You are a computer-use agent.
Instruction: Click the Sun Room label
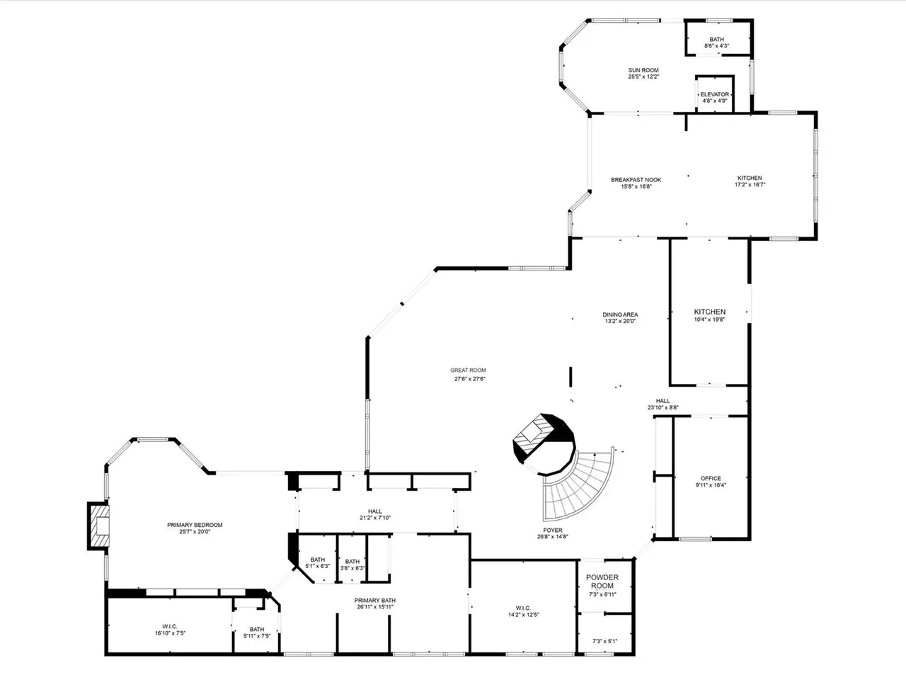643,70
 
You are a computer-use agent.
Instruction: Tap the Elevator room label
714,94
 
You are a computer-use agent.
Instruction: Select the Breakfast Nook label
636,180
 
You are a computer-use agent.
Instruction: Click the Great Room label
468,370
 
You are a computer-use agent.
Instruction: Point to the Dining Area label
620,314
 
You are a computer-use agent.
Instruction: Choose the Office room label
711,478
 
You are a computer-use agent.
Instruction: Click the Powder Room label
602,582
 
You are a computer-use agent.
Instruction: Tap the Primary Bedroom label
195,525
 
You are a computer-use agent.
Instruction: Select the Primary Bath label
374,601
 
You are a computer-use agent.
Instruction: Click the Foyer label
553,530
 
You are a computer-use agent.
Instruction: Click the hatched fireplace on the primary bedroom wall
98,526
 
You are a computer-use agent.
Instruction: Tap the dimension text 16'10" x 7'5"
170,633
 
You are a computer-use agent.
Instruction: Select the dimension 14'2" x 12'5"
523,614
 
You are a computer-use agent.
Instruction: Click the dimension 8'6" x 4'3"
716,46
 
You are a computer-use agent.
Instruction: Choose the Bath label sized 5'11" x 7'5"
257,633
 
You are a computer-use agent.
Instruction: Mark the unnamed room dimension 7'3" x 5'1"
604,641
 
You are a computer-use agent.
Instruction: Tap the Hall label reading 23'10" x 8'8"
663,404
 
